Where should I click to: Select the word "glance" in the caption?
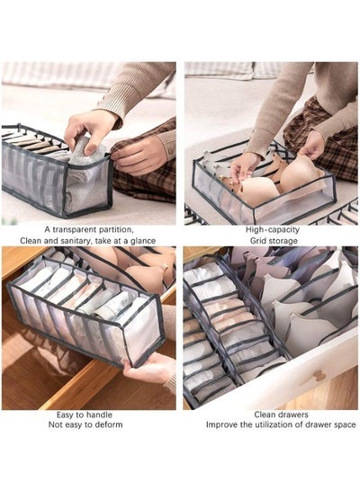(x=143, y=241)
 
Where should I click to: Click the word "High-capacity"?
(x=272, y=229)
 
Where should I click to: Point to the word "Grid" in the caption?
(x=257, y=241)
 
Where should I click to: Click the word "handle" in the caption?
(x=99, y=415)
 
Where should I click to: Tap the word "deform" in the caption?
(x=110, y=424)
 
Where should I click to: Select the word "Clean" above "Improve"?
(x=265, y=414)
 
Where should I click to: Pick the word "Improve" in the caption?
(x=221, y=424)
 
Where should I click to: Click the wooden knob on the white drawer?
(x=317, y=376)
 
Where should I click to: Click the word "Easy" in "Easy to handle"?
(x=66, y=415)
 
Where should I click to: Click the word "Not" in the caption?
(x=54, y=424)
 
